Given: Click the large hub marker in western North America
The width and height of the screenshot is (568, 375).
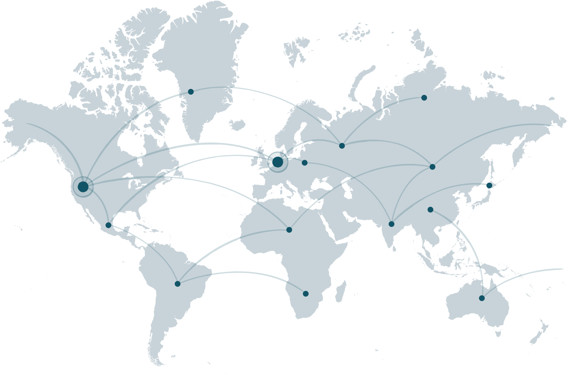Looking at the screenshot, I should tap(83, 187).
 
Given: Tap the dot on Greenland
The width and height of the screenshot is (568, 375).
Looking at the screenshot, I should tap(191, 92).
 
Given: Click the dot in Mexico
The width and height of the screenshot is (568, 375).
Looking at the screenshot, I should tap(109, 225).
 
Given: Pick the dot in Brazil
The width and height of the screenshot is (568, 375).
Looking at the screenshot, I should tap(178, 284).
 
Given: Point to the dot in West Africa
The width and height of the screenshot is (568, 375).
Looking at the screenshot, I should tap(289, 230).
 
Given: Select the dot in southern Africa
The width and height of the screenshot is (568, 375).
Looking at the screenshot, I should tap(306, 294).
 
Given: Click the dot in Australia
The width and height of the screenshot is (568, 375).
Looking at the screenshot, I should tap(482, 298).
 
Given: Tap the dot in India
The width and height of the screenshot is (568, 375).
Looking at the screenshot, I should tap(391, 224).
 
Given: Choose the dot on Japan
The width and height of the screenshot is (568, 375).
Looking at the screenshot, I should tap(489, 185).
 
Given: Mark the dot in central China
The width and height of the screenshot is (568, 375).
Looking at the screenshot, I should tap(430, 209).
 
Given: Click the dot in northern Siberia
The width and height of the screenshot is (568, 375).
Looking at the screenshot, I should tap(424, 98).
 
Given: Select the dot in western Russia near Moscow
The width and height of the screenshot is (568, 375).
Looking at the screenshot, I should tap(342, 146).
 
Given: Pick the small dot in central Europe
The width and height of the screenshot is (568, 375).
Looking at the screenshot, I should tap(304, 163).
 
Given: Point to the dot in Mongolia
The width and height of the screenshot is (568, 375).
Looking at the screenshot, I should tap(432, 167).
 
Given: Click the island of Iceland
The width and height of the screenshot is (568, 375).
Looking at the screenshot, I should tap(237, 125).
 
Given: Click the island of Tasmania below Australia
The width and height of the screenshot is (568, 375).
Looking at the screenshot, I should tap(498, 333).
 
